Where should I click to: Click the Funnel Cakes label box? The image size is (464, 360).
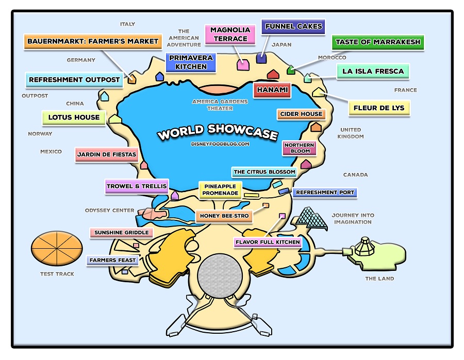[x=293, y=26]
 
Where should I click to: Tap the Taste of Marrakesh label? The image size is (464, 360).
[x=378, y=42]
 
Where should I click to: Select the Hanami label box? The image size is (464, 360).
[x=271, y=90]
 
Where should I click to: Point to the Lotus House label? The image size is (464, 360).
[x=74, y=117]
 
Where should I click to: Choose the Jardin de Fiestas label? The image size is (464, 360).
[x=106, y=154]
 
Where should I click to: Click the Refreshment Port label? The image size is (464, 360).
[x=325, y=193]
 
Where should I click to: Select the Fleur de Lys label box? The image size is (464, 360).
[x=379, y=108]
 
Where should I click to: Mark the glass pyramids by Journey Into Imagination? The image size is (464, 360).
[x=312, y=217]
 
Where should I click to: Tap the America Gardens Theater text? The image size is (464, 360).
[x=220, y=105]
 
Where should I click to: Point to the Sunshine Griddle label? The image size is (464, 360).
[x=122, y=233]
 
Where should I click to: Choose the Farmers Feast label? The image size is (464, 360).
[x=112, y=260]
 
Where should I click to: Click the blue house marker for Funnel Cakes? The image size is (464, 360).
[x=261, y=58]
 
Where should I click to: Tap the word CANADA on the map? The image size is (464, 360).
[x=356, y=175]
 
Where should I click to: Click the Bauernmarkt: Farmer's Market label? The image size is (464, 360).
[x=93, y=41]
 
